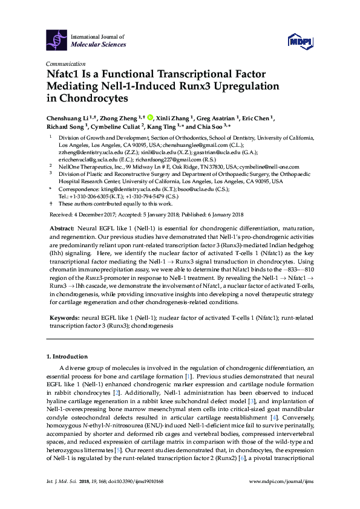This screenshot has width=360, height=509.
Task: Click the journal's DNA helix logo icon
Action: (58, 40)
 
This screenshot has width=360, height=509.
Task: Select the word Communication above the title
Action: (65, 63)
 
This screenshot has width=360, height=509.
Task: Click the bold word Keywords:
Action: (64, 317)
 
